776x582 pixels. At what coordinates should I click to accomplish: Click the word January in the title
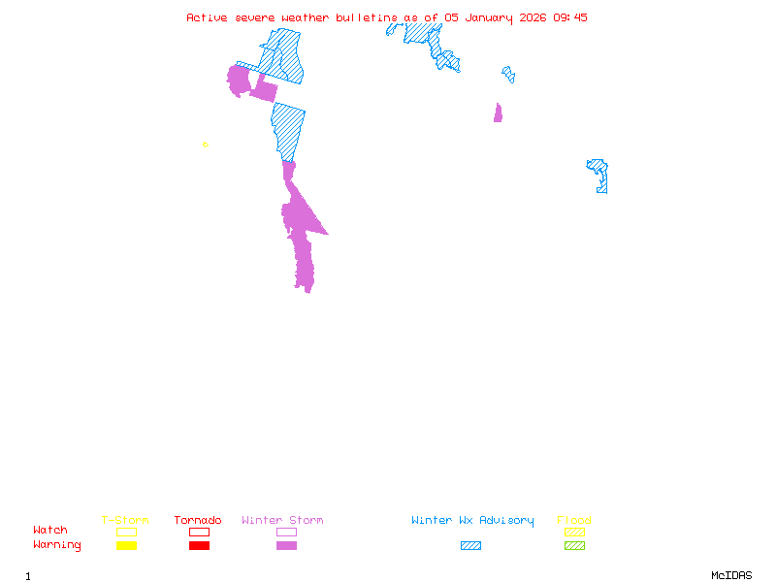(x=486, y=17)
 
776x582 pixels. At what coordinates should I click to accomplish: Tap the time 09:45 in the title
(x=570, y=17)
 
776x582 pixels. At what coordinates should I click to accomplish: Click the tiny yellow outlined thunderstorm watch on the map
(x=205, y=145)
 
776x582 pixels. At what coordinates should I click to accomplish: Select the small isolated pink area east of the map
(x=498, y=113)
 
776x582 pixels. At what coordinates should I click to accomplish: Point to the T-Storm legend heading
(x=125, y=521)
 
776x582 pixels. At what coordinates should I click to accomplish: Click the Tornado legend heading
(x=198, y=521)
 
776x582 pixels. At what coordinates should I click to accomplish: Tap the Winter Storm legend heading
(x=282, y=521)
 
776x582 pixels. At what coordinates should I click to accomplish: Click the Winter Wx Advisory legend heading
(x=472, y=521)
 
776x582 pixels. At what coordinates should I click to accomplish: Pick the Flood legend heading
(x=574, y=521)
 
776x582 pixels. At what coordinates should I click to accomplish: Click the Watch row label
(x=50, y=531)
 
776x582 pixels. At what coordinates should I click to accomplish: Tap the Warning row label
(x=57, y=545)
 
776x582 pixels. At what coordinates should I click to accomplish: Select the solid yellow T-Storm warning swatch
(x=126, y=546)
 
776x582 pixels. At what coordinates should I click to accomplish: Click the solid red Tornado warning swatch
(x=199, y=546)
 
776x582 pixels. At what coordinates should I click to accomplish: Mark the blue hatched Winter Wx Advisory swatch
(x=470, y=546)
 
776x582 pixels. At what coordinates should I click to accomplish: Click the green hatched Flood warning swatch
(x=574, y=546)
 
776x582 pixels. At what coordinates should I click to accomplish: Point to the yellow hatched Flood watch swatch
(x=574, y=532)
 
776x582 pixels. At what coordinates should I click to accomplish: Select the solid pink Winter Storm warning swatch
(x=286, y=546)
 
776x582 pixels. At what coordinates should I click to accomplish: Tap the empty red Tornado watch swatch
(x=199, y=532)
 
